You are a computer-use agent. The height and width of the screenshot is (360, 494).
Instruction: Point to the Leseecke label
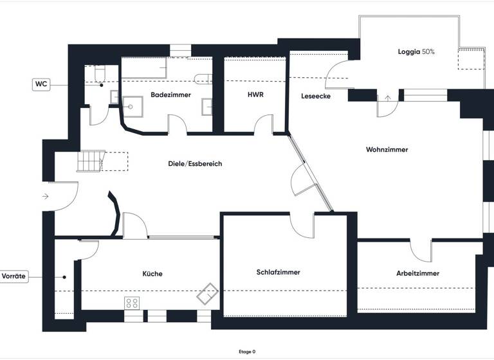[316, 96]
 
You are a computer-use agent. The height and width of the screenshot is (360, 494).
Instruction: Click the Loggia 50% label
[417, 51]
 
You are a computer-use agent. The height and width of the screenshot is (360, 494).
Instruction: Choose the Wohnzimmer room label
[387, 150]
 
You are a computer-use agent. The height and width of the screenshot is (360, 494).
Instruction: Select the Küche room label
[152, 274]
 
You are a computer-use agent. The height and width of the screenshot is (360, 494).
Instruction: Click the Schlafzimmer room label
[278, 273]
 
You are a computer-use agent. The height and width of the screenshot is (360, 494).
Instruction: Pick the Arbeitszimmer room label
[417, 273]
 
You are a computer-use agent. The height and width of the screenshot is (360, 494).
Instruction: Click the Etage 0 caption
[246, 352]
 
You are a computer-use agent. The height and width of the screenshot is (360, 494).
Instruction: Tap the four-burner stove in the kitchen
[133, 302]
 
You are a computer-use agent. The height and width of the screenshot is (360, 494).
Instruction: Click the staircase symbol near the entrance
[90, 160]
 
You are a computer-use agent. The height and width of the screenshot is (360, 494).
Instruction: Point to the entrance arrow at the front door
[44, 196]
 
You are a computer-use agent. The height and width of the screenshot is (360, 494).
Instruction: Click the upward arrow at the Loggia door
[387, 98]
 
